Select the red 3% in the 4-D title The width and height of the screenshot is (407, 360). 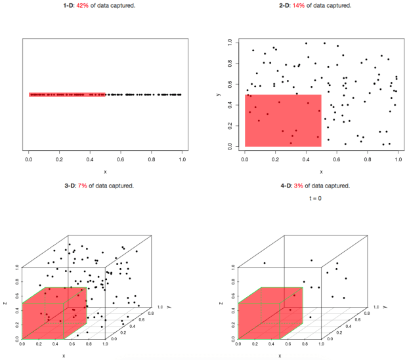click(299, 186)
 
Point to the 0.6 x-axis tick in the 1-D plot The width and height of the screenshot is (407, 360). click(121, 159)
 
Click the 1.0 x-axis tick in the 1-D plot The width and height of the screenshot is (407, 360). click(182, 159)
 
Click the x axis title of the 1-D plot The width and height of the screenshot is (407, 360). click(105, 172)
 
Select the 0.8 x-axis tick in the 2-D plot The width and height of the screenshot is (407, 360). click(367, 159)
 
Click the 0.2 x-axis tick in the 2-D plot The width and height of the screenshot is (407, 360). click(275, 159)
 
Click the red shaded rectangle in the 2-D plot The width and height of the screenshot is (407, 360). click(283, 121)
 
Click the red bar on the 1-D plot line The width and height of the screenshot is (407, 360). click(66, 94)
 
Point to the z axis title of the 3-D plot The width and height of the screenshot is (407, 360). click(5, 303)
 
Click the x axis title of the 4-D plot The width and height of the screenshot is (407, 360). click(279, 355)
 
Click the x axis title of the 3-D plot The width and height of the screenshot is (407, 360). click(64, 355)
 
